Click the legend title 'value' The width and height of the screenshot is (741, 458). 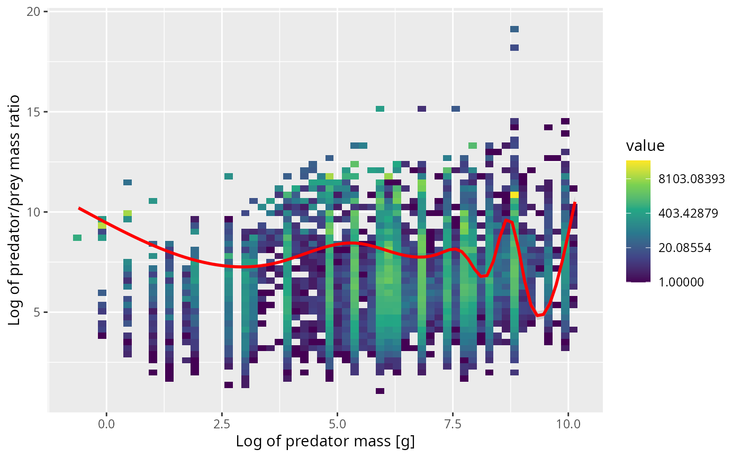coord(645,146)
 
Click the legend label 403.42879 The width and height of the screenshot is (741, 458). coord(691,213)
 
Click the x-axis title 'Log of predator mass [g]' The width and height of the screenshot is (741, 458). coord(325,441)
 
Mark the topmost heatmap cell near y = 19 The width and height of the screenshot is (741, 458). coord(514,29)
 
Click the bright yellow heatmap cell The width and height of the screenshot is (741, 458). coord(514,195)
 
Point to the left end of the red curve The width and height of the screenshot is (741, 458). coord(79,208)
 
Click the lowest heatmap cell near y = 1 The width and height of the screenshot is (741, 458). coord(379,391)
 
